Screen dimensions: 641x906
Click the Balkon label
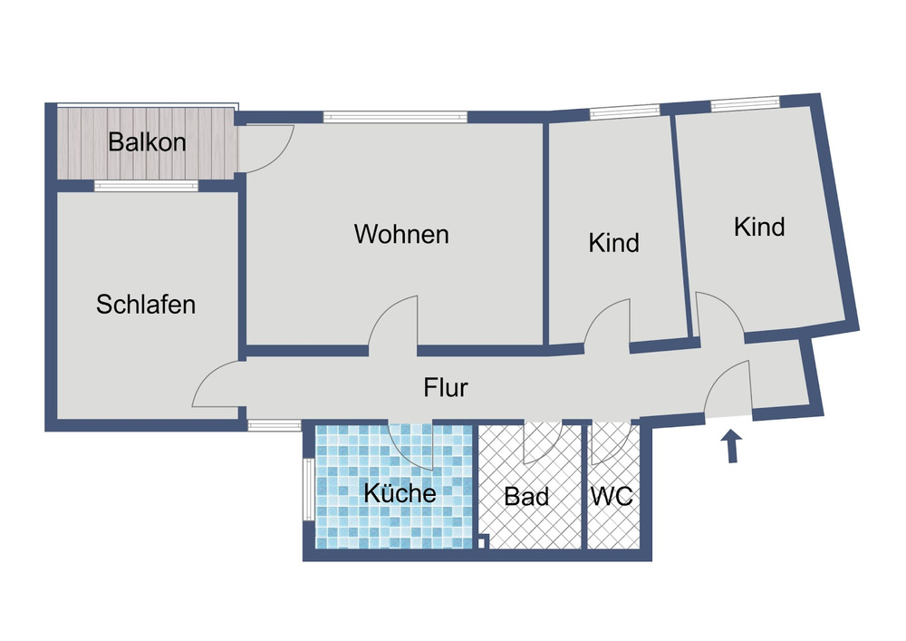(x=147, y=142)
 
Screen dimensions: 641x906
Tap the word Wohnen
(x=401, y=234)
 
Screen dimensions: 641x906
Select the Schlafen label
(x=146, y=304)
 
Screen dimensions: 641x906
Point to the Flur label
(x=446, y=388)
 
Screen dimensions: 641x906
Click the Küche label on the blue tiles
(x=400, y=494)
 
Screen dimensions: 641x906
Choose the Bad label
(x=526, y=497)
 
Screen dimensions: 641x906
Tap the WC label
(x=611, y=497)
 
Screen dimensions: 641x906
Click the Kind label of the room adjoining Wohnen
(x=613, y=243)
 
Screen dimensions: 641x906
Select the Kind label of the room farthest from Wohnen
(x=759, y=227)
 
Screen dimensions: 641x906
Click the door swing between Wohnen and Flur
(x=395, y=322)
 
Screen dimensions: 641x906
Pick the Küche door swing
(x=411, y=443)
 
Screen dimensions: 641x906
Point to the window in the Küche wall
(x=309, y=489)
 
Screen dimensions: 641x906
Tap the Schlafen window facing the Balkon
(x=146, y=186)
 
